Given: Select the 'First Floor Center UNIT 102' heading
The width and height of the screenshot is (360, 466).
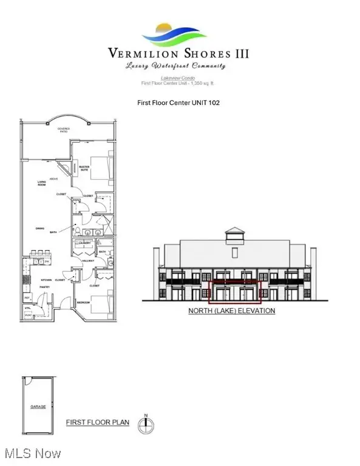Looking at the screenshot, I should coord(178,103).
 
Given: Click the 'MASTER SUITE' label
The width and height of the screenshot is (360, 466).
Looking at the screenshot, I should coord(84,169).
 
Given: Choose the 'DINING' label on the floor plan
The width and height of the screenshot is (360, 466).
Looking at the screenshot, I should coord(41,228).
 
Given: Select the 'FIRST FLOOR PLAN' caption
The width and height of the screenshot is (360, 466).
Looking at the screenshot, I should coord(97,421).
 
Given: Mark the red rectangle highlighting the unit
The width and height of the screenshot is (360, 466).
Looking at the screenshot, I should coord(234,292).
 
